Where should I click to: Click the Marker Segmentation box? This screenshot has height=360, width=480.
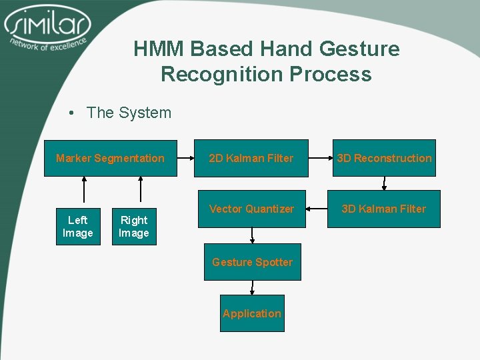click(x=111, y=158)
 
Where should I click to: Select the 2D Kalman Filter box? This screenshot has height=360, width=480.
click(x=251, y=158)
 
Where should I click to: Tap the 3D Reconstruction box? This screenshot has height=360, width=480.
click(x=384, y=158)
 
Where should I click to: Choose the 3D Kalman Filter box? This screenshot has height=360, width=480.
click(x=383, y=209)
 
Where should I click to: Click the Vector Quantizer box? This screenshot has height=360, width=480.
click(x=251, y=209)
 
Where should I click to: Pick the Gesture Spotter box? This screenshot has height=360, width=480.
click(x=252, y=262)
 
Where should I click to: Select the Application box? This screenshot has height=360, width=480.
click(x=252, y=313)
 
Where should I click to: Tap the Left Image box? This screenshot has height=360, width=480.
click(x=78, y=227)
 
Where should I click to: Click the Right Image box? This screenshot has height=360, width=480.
click(x=134, y=227)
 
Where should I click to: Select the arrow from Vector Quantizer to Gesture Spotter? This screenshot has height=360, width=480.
click(x=252, y=236)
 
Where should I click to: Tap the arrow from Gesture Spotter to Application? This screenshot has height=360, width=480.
click(x=252, y=287)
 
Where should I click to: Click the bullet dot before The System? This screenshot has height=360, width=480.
click(x=71, y=113)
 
